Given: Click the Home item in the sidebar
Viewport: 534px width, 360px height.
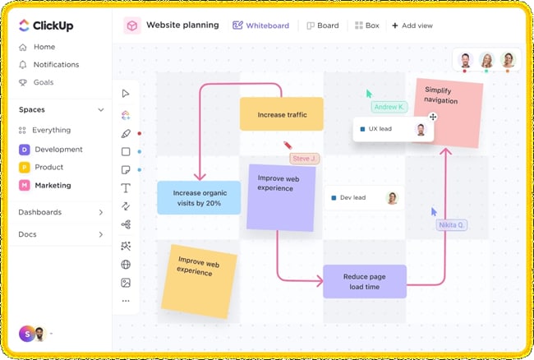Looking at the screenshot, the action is (37, 47).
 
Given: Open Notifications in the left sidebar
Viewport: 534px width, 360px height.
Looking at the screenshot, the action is (49, 65).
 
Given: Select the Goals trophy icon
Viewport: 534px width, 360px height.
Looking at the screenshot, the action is (23, 82).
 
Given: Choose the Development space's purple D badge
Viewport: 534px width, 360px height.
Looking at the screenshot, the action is (24, 150).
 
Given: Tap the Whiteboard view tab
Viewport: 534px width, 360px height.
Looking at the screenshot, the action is (261, 25).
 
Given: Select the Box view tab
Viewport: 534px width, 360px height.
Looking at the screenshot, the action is (366, 25).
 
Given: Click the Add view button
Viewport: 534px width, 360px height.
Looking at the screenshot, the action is (412, 25).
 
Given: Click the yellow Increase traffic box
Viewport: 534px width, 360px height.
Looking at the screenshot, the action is (282, 114).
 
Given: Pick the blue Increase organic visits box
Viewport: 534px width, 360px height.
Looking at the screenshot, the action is (199, 198).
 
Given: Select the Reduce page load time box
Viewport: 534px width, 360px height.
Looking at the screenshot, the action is (365, 282).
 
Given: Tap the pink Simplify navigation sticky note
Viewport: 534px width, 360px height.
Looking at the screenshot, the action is (449, 113).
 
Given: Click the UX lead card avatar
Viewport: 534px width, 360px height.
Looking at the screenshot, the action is (421, 129).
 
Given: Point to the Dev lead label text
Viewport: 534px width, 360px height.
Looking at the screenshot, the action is (352, 197).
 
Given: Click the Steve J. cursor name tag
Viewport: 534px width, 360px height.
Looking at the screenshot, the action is (305, 159).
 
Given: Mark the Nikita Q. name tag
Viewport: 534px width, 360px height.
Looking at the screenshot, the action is (452, 225).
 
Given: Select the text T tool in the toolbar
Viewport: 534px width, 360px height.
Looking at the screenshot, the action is (126, 188).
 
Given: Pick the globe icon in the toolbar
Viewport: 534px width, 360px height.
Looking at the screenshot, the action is (126, 265).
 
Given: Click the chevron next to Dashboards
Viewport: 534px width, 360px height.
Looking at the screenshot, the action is (101, 212).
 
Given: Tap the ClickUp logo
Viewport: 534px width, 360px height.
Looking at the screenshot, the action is (46, 25).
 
